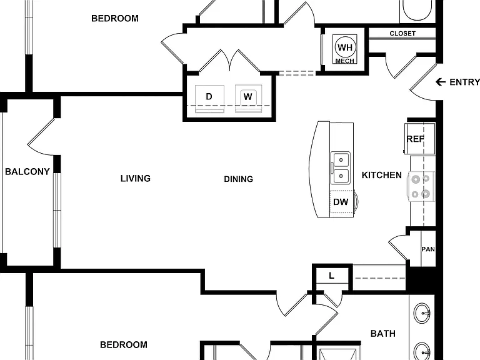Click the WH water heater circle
[x=345, y=47]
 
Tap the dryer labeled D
[x=209, y=99]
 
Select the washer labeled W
[x=248, y=99]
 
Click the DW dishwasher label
[x=341, y=202]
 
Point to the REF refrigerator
[x=420, y=139]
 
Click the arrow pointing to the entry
[x=441, y=82]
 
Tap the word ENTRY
[x=464, y=82]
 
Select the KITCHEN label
[x=382, y=175]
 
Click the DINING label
[x=239, y=179]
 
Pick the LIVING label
[x=136, y=179]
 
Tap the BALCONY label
[x=27, y=171]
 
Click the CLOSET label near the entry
[x=402, y=33]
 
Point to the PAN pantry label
[x=428, y=249]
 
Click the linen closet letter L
[x=331, y=276]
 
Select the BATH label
[x=383, y=333]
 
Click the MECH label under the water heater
[x=345, y=61]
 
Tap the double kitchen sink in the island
[x=341, y=167]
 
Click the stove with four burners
[x=421, y=186]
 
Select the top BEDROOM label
[x=115, y=18]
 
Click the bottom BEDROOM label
[x=124, y=345]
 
